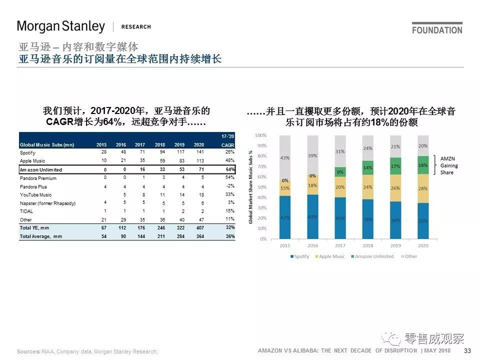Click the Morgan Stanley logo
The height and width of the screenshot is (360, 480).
click(x=61, y=26)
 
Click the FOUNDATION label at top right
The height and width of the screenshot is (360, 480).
click(x=437, y=30)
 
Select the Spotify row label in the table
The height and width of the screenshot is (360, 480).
click(x=28, y=152)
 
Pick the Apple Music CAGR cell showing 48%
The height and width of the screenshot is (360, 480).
click(x=230, y=161)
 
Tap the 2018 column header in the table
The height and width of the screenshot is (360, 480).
click(x=159, y=144)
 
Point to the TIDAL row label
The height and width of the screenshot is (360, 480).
click(x=26, y=211)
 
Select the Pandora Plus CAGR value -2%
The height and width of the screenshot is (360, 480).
click(x=230, y=186)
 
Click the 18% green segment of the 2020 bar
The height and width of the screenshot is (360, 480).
click(x=423, y=165)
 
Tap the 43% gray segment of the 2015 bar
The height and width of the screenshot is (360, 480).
click(x=284, y=158)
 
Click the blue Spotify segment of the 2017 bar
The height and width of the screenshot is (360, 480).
click(x=340, y=218)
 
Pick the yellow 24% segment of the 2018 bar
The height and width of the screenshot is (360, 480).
click(x=367, y=186)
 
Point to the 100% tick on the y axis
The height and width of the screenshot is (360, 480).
click(x=260, y=135)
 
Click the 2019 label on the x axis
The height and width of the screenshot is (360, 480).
click(x=395, y=246)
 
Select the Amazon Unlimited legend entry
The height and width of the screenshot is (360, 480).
click(x=374, y=256)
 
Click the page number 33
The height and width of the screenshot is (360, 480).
click(x=467, y=351)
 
